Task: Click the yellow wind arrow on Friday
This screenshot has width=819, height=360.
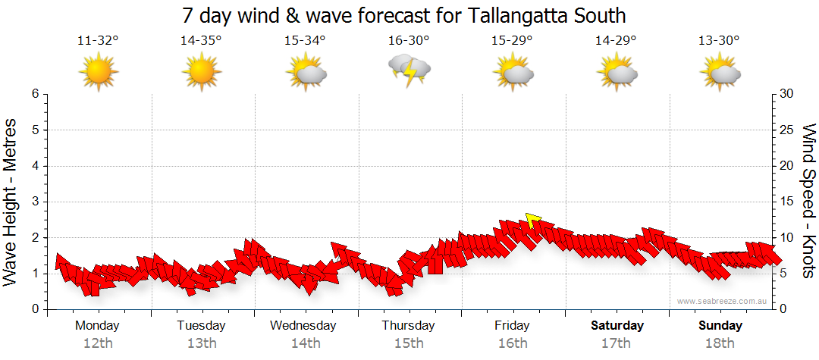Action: (x=532, y=221)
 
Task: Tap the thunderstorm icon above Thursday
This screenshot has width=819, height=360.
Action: (x=409, y=70)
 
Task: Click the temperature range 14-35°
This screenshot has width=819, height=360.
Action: (x=201, y=41)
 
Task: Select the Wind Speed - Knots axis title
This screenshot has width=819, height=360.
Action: (x=808, y=201)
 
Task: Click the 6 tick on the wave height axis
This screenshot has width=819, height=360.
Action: (x=35, y=94)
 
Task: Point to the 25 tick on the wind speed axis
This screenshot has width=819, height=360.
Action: (x=787, y=130)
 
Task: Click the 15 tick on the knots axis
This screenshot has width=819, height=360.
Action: (x=787, y=202)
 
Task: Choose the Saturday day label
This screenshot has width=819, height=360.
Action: (x=617, y=326)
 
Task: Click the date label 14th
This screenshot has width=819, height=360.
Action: (x=305, y=343)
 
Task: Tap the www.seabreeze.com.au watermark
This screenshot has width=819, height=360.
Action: (x=723, y=302)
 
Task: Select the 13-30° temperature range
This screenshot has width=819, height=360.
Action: (x=719, y=41)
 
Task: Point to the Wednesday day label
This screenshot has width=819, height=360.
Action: (x=303, y=326)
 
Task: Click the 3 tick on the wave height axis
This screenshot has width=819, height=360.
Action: (x=35, y=202)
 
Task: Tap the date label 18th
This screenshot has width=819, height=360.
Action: (x=720, y=343)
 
